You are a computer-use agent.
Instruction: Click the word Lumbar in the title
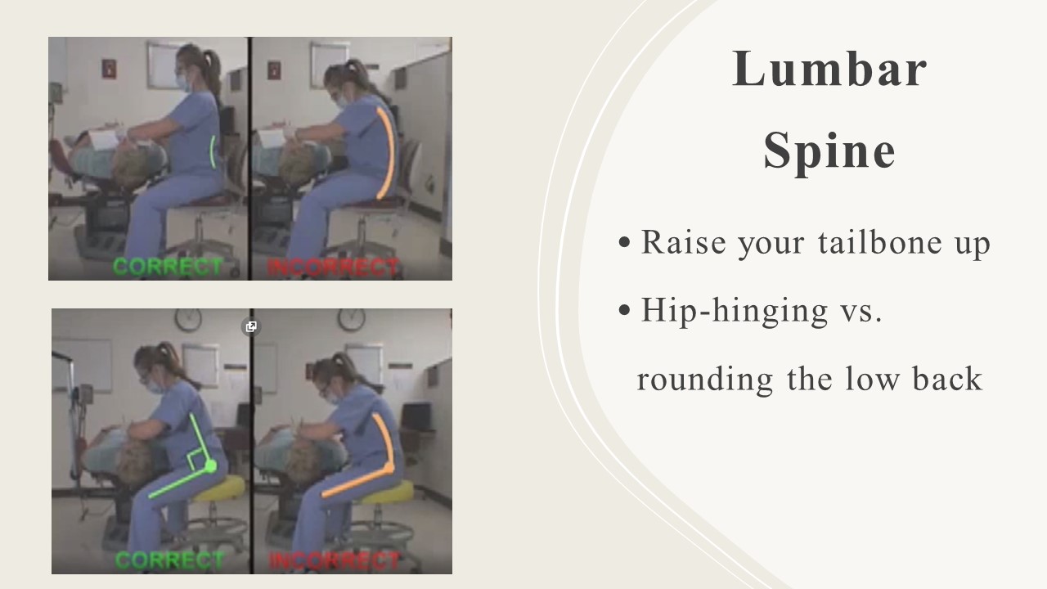point(829,70)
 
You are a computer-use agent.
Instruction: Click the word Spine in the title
point(829,152)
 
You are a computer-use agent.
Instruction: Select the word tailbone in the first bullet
point(879,242)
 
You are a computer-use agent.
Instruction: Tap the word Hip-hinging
point(735,311)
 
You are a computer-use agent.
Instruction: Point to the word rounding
point(705,380)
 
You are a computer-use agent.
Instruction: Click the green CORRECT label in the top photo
point(168,267)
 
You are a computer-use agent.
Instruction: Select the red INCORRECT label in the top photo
point(333,268)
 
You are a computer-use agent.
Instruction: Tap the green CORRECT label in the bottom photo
point(169,560)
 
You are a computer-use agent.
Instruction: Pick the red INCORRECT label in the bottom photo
point(335,561)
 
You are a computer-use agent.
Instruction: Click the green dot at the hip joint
point(211,466)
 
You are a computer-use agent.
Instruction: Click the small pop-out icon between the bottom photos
point(251,326)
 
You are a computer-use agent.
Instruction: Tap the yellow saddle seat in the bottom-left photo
point(221,488)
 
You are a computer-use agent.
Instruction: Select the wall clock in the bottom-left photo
point(188,319)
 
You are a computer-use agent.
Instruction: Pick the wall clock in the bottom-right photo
point(352,319)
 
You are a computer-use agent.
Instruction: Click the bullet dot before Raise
point(624,242)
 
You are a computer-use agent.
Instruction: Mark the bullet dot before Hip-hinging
point(624,310)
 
